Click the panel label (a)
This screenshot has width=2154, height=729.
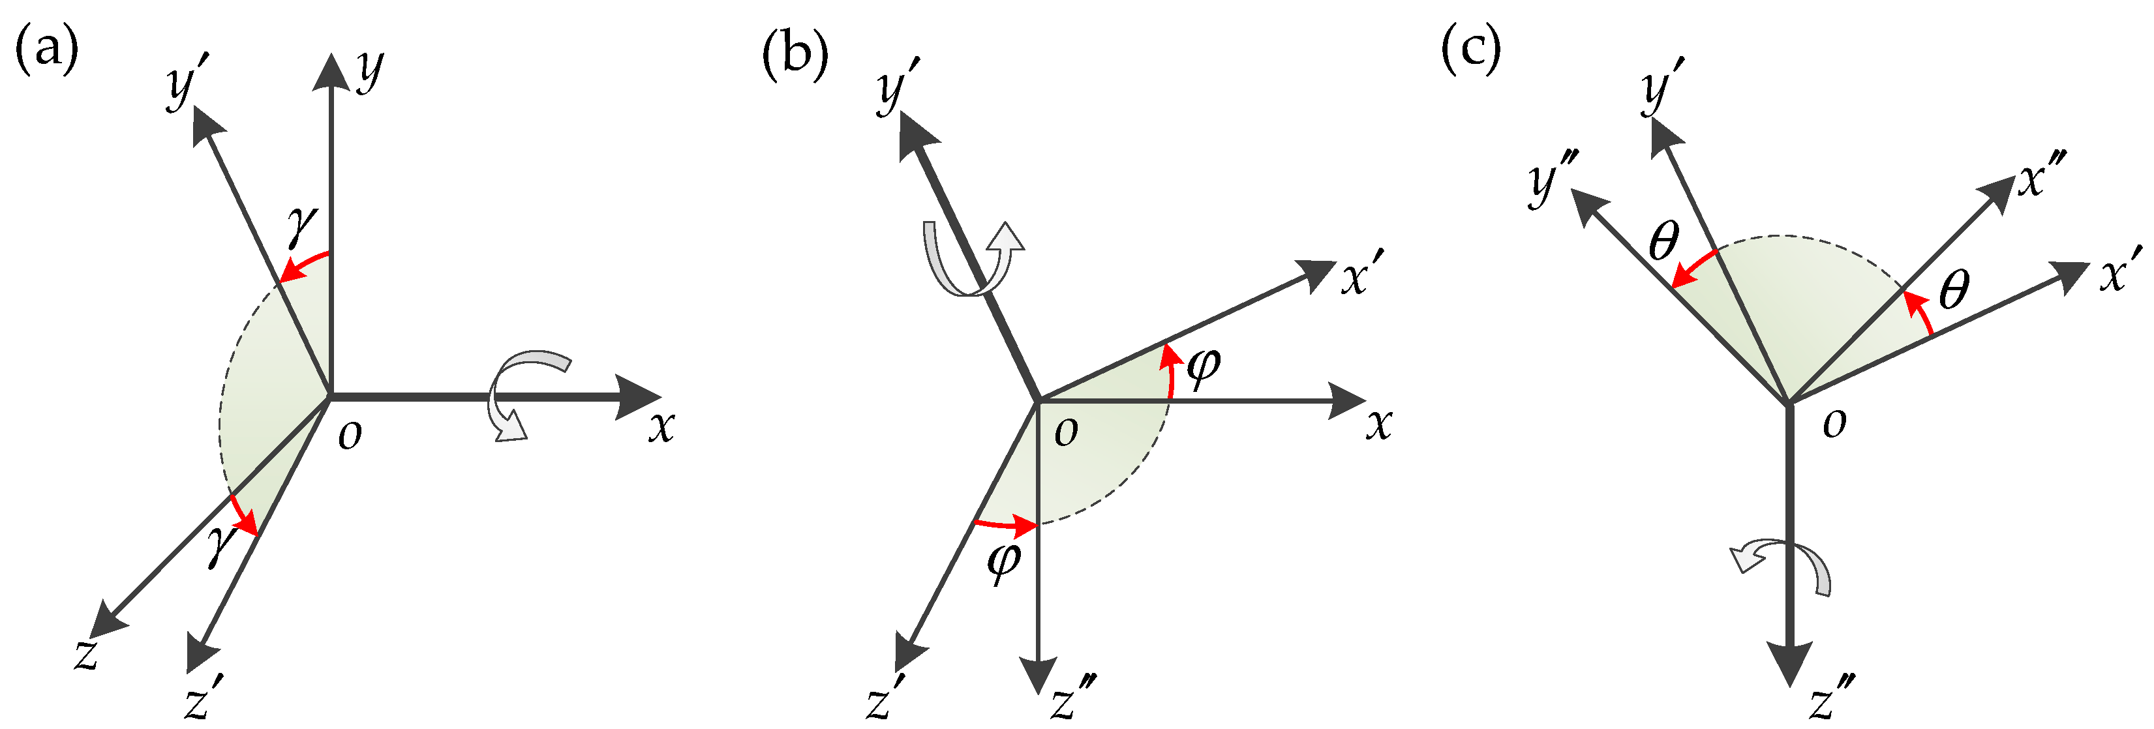[x=47, y=50]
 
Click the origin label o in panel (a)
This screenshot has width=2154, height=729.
[x=350, y=435]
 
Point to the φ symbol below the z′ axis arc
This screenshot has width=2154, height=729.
[x=1004, y=561]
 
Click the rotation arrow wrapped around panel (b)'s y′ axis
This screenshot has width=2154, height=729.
[x=970, y=259]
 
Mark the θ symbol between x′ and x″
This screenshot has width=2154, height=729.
[x=1953, y=290]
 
